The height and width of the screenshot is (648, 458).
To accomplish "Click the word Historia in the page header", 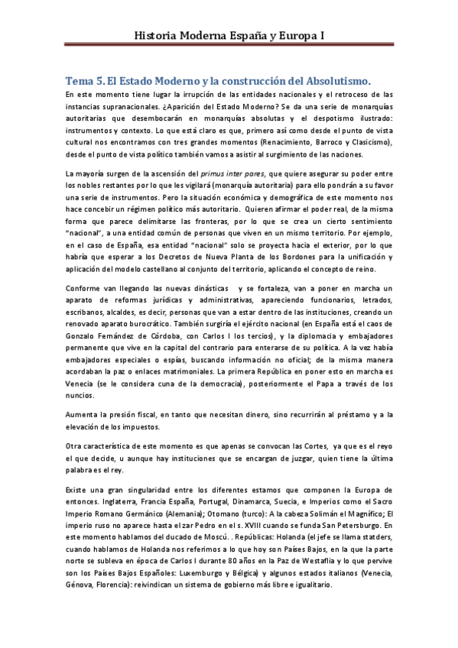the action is [156, 35].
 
